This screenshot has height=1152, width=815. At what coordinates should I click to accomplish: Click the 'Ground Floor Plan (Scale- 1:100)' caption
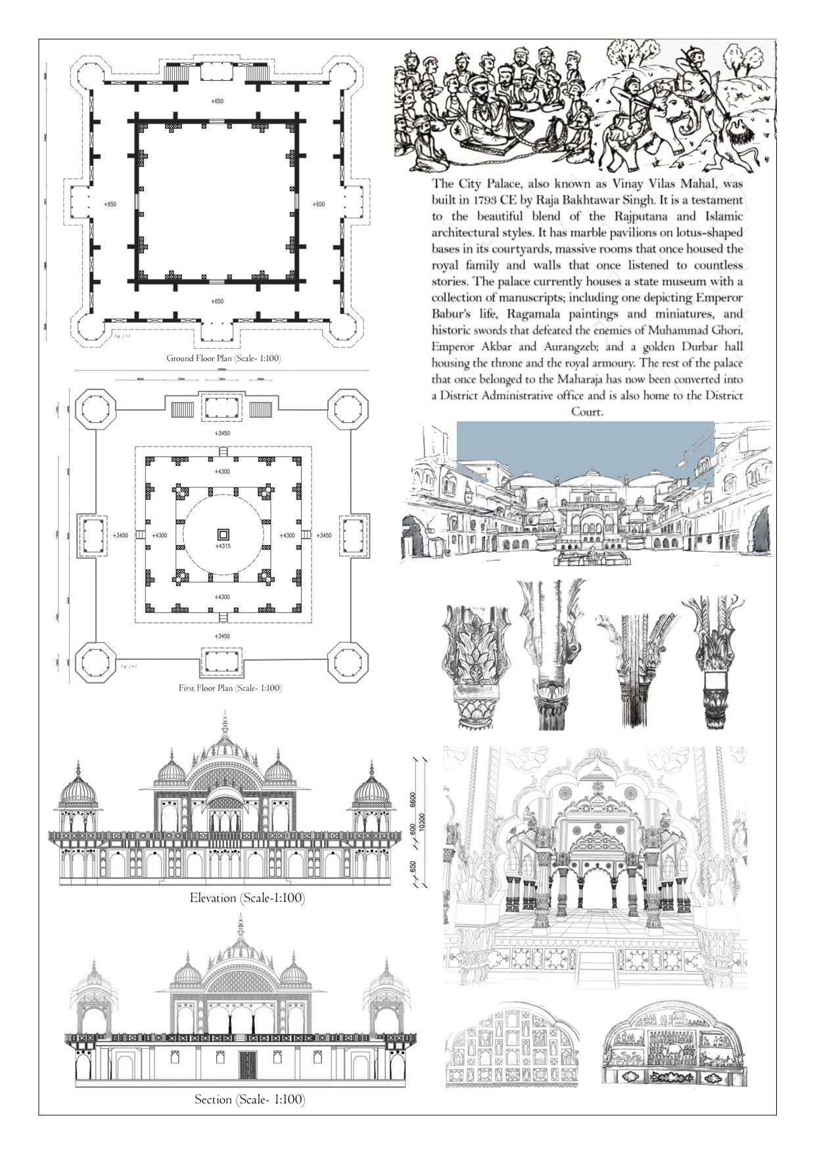point(223,359)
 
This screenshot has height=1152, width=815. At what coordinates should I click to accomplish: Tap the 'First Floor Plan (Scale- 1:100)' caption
point(230,688)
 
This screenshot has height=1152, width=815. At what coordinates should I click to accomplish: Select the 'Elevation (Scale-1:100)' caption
point(247,898)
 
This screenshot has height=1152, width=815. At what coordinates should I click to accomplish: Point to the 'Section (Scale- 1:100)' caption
point(250,1099)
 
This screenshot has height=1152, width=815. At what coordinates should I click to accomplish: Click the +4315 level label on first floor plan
point(223,546)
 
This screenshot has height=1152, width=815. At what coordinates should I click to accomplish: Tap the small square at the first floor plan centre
point(223,534)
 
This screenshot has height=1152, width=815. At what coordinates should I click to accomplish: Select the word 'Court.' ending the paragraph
point(587,412)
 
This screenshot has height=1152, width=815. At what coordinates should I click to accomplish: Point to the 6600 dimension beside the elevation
point(412,799)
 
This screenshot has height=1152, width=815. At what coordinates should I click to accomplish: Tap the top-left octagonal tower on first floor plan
point(96,409)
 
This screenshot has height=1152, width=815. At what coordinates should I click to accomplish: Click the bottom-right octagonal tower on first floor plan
point(348,662)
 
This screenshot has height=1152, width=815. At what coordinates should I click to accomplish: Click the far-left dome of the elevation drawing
point(78,788)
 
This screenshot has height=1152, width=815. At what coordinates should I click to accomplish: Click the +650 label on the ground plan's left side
point(110,204)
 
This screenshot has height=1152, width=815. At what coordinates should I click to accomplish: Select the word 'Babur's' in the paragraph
point(456,314)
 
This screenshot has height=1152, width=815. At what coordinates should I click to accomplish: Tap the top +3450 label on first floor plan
point(222,433)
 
